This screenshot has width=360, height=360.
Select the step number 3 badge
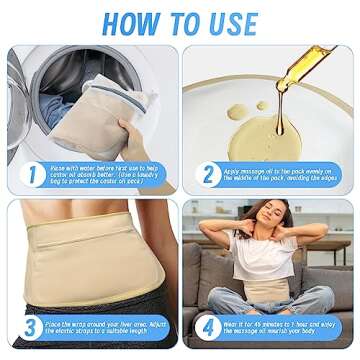tap(31, 326)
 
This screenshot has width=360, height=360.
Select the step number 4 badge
tap(208, 326)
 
